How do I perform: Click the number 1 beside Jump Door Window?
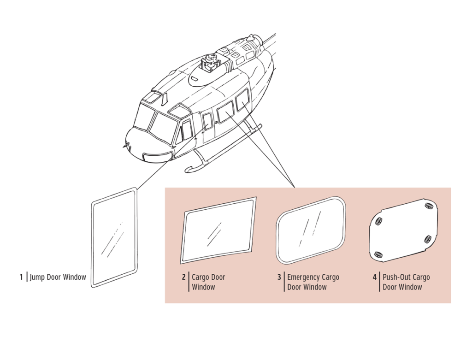coord(21,277)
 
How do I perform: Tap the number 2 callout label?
coord(183,277)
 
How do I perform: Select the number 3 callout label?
coord(279,277)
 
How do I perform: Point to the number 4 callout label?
coord(375,277)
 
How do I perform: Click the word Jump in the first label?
coord(37,277)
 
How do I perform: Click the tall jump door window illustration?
coord(114,237)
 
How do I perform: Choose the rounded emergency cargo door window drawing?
coord(311,230)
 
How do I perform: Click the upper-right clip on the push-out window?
coord(428,205)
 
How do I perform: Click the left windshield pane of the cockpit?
coord(143,117)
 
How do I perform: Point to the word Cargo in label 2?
coord(201,277)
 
